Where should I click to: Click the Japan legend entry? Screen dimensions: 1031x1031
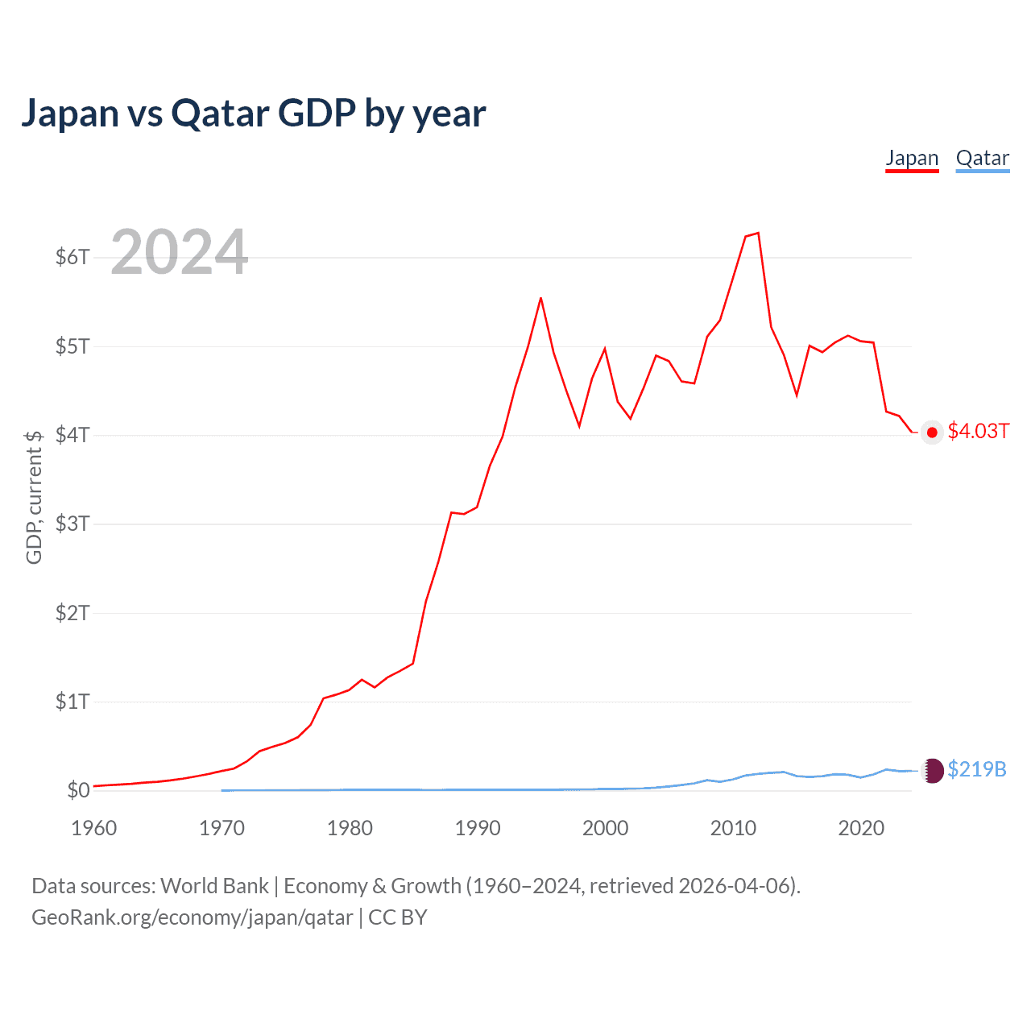coord(912,159)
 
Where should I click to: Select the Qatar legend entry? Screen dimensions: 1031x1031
coord(982,159)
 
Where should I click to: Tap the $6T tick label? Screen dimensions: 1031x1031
coord(72,257)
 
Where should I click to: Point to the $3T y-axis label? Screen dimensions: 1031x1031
coord(72,524)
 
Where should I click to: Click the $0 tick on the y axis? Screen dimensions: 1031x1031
coord(78,790)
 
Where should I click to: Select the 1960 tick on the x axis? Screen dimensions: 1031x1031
coord(94,828)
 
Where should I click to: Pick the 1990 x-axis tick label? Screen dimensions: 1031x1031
coord(478,828)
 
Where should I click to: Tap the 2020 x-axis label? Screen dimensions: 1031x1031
coord(861,828)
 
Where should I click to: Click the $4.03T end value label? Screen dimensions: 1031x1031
coord(978,431)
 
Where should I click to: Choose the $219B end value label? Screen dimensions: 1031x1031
coord(977,769)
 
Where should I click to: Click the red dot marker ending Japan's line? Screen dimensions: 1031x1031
coord(932,433)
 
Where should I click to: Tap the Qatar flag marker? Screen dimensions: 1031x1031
coord(933,771)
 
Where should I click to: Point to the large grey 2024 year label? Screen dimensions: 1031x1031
coord(179,252)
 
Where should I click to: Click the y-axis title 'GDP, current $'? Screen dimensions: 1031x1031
coord(34,497)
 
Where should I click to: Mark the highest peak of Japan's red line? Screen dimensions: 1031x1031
coord(758,233)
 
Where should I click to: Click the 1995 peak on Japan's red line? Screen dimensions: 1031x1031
coord(540,298)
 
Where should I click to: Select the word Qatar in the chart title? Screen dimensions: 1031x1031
coord(220,113)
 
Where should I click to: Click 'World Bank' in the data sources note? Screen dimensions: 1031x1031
coord(214,886)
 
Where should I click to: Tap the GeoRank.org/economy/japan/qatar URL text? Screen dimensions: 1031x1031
coord(192,917)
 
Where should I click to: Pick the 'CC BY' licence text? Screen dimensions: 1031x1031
coord(398,917)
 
